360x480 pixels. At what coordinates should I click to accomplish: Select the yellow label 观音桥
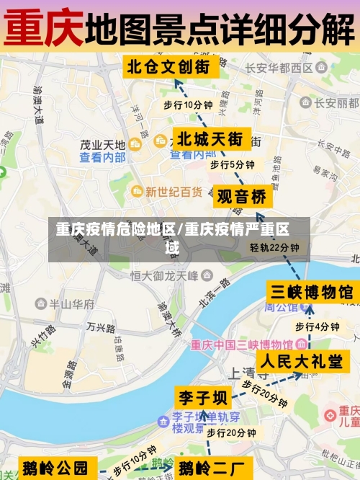click(242, 196)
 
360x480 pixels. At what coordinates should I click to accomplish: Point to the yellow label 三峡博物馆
click(311, 291)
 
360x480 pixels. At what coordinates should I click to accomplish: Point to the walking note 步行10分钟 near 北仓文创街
click(188, 105)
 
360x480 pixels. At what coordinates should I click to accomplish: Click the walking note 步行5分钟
click(232, 164)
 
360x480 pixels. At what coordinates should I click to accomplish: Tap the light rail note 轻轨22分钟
click(274, 247)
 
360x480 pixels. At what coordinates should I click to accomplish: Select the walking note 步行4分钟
click(317, 326)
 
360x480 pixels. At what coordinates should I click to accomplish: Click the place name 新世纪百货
click(174, 192)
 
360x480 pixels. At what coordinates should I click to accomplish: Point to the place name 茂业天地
click(102, 144)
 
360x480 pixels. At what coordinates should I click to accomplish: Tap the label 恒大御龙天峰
click(164, 275)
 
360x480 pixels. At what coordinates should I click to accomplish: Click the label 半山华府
click(71, 304)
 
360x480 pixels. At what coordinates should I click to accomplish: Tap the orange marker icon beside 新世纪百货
click(137, 192)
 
